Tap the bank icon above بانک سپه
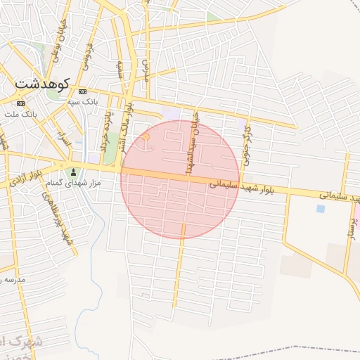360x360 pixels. (x=83, y=92)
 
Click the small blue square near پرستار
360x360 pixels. (x=321, y=209)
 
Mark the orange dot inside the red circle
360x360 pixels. (x=146, y=138)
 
